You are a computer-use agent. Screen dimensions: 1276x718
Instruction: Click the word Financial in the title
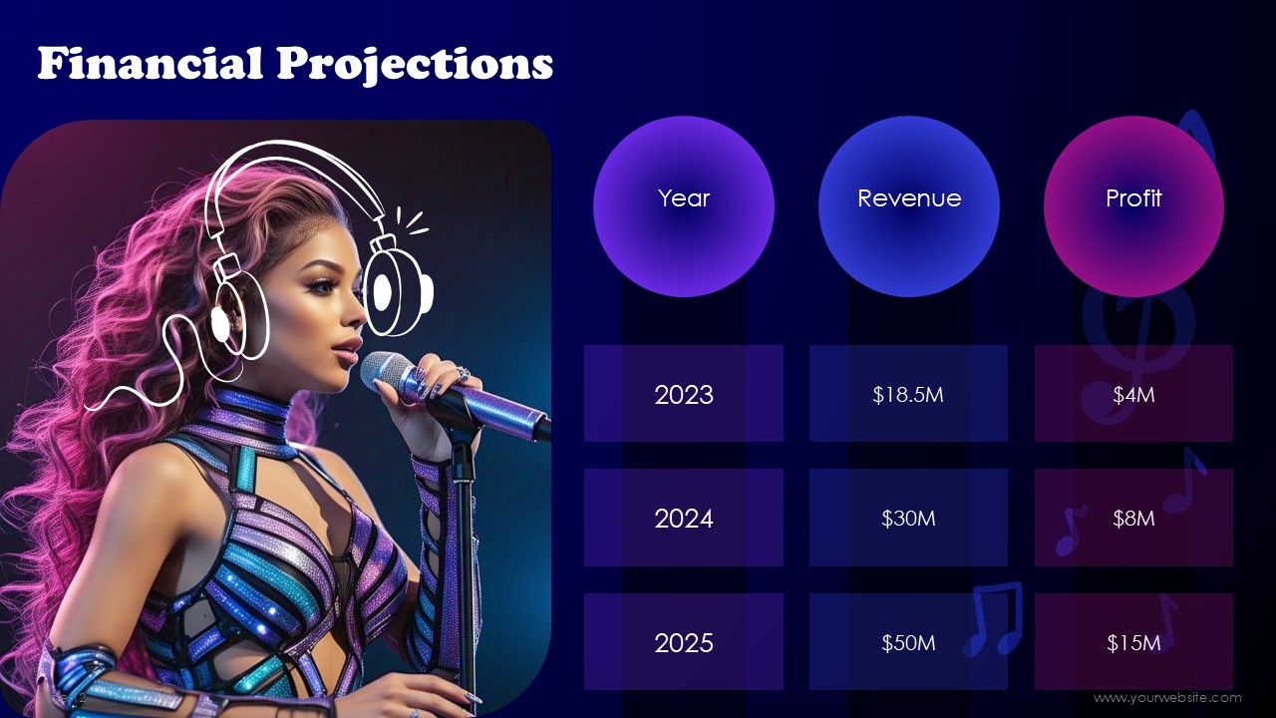point(151,63)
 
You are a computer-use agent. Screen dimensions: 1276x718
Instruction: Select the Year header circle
point(684,206)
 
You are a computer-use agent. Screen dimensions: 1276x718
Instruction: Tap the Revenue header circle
point(909,206)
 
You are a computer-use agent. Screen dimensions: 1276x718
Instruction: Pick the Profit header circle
point(1133,206)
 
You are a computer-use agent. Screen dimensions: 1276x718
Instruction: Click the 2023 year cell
point(684,393)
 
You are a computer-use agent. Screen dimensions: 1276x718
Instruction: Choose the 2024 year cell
point(684,518)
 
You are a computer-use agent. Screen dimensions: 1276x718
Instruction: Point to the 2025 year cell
point(684,642)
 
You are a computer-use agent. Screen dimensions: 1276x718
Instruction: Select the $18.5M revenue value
point(908,394)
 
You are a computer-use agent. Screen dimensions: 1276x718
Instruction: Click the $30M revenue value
point(908,518)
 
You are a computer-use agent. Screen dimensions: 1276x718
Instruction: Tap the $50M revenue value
point(908,643)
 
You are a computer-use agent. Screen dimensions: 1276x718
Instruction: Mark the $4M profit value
point(1133,394)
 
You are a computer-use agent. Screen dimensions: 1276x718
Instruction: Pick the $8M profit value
point(1133,518)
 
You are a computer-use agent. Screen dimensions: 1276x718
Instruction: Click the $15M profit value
point(1133,643)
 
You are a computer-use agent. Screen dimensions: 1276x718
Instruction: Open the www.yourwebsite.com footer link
point(1167,697)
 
